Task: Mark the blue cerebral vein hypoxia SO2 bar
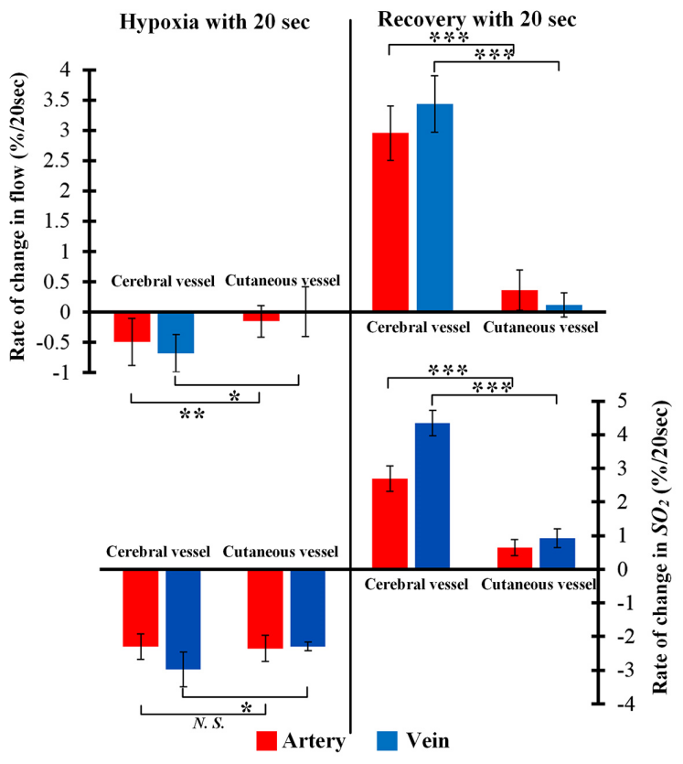tap(183, 619)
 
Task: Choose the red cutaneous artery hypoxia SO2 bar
tap(264, 608)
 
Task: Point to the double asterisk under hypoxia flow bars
tap(191, 414)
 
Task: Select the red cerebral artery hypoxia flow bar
tap(131, 327)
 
